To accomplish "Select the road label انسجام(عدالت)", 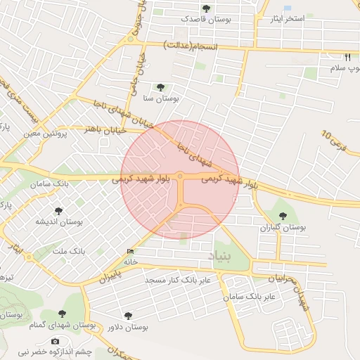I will [191, 46].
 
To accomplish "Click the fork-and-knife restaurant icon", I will [347, 57].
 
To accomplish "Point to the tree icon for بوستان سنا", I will [161, 87].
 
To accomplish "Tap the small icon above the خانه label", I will [130, 251].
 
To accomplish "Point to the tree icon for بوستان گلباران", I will [283, 217].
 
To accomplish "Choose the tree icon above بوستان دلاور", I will [127, 316].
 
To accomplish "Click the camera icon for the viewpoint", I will [55, 342].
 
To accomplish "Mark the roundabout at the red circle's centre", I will [180, 176].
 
